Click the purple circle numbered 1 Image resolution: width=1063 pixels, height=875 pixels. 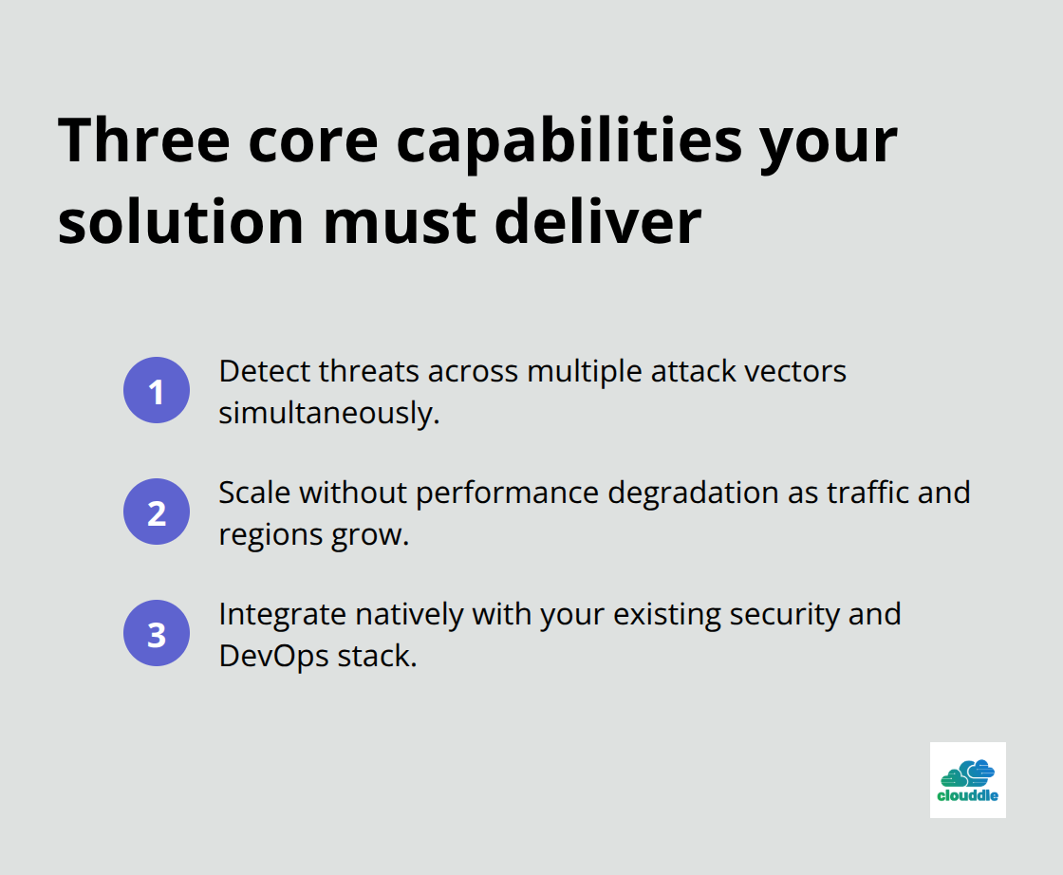click(157, 390)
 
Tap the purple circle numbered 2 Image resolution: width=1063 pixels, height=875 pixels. click(157, 512)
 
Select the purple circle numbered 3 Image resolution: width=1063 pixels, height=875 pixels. click(157, 633)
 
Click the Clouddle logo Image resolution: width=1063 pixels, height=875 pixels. click(967, 780)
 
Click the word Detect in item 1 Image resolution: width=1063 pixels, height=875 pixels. click(264, 371)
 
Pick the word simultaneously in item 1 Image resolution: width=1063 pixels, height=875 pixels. click(328, 413)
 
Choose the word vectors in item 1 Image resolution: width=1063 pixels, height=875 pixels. click(795, 371)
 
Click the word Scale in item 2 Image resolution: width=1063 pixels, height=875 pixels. click(254, 493)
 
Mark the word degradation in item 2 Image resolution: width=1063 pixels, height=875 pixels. click(697, 493)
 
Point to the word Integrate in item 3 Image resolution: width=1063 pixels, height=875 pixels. click(282, 614)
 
